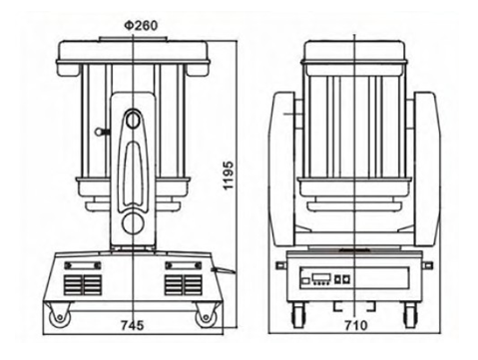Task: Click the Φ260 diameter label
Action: point(141,26)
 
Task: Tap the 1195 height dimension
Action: point(229,176)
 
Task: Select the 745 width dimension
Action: point(133,325)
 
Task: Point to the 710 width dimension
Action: point(356,325)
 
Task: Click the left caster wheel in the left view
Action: point(60,317)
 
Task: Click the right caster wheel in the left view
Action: point(207,317)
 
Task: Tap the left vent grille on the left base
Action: point(83,285)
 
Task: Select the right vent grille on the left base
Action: point(184,285)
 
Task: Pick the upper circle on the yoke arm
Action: point(133,120)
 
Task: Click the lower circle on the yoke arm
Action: point(133,223)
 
